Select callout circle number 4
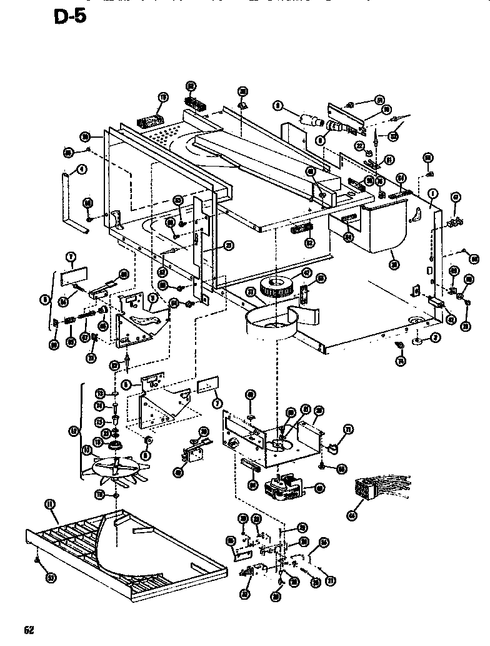[x=82, y=169]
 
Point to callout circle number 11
[x=49, y=505]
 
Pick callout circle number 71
[x=349, y=429]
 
